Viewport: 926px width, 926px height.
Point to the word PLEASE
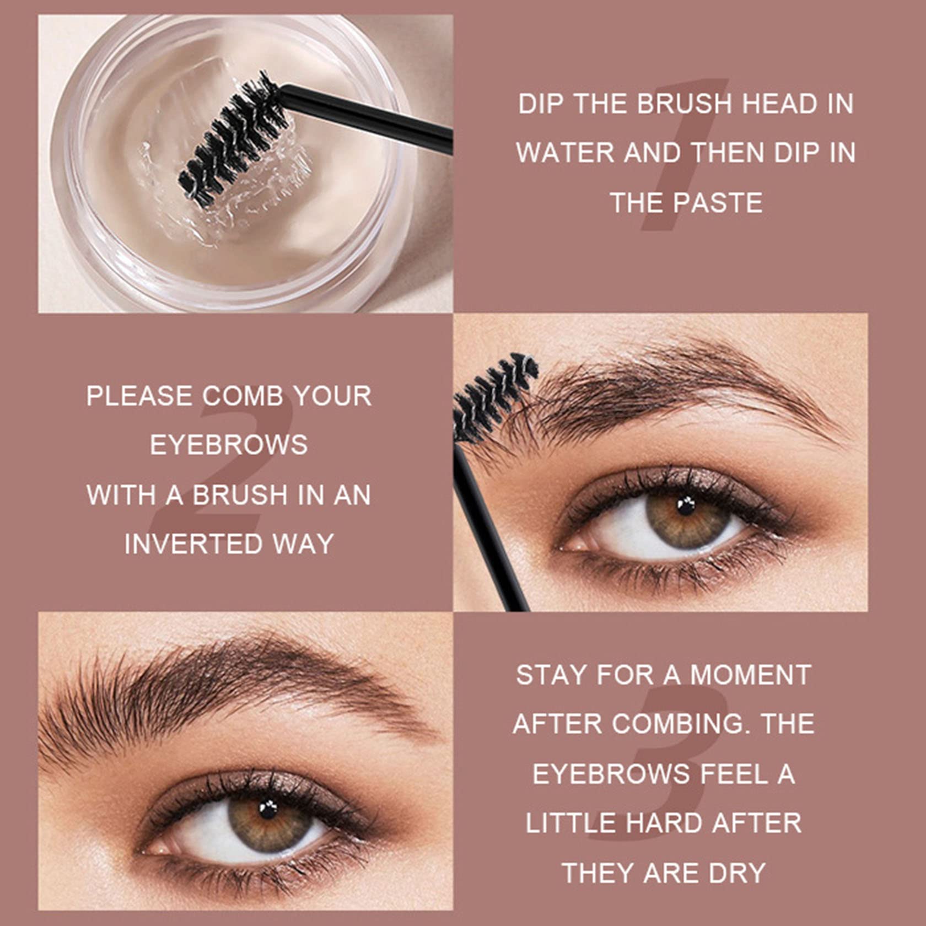(139, 396)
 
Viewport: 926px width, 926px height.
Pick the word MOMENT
(751, 675)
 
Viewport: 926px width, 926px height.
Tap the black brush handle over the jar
(366, 116)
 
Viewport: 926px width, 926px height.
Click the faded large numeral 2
(220, 469)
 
